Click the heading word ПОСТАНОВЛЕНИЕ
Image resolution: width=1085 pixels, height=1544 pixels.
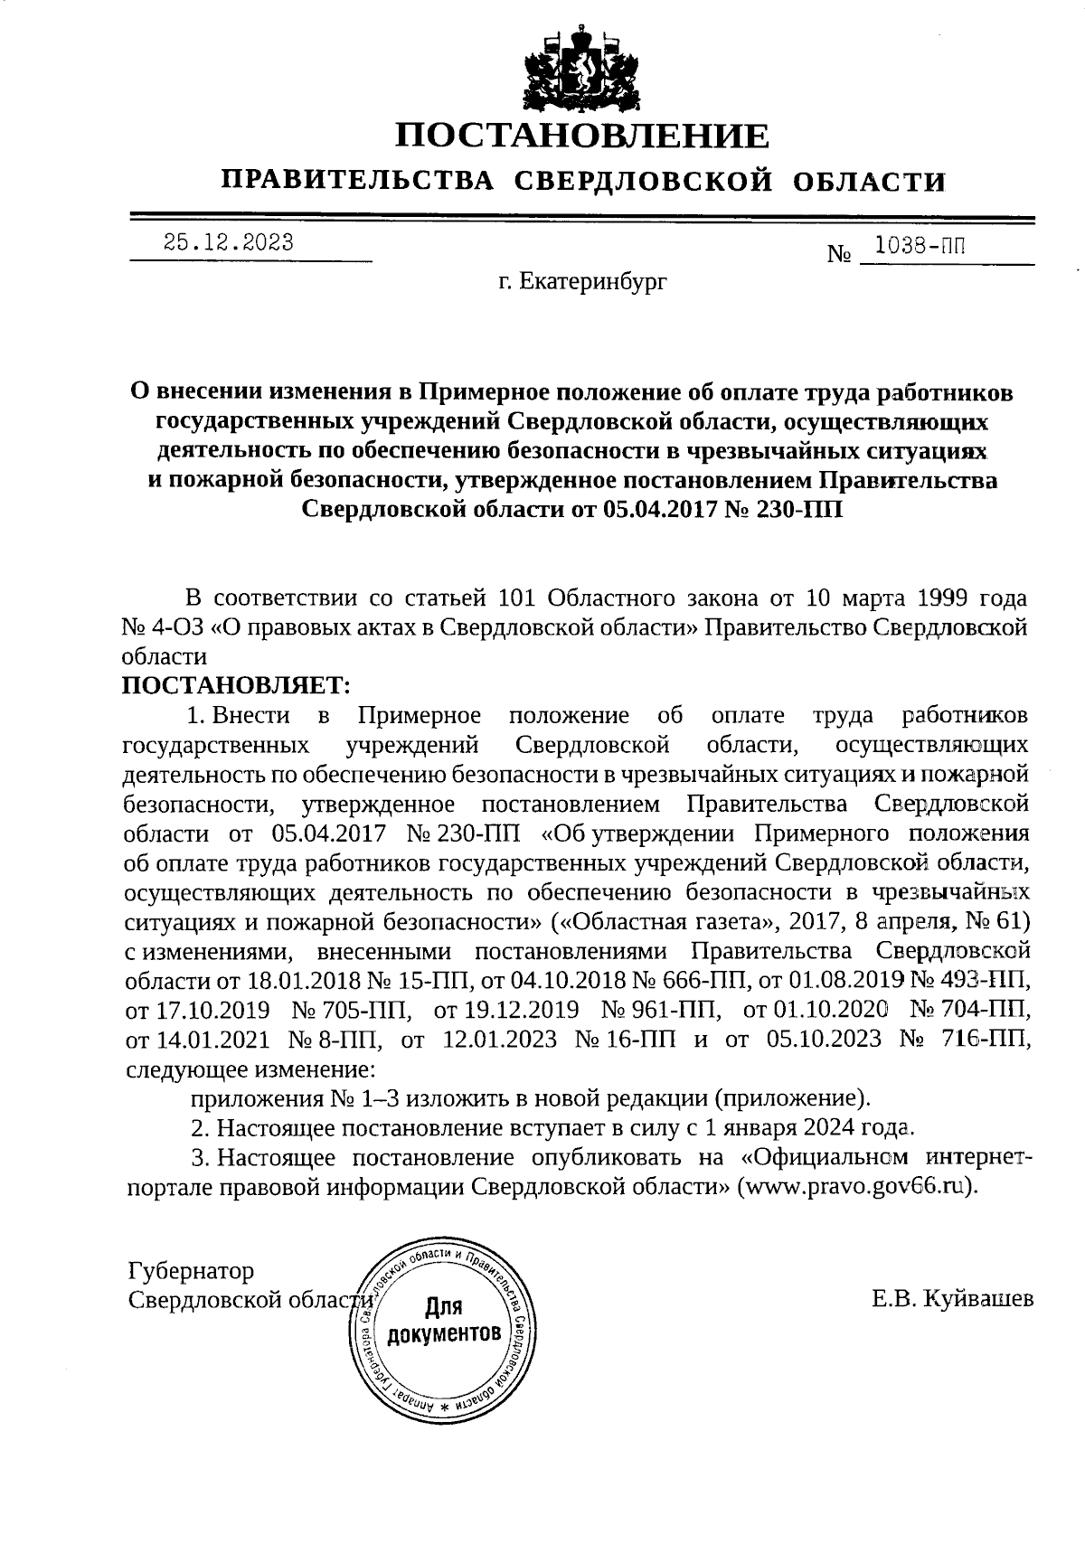[583, 137]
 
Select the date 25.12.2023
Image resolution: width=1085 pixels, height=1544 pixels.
[228, 242]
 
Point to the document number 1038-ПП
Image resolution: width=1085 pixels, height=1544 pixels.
[915, 245]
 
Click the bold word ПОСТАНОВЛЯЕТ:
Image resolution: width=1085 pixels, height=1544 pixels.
[237, 686]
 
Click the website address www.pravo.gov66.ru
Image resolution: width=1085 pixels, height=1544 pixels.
[856, 1187]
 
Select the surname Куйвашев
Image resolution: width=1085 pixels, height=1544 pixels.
[978, 1300]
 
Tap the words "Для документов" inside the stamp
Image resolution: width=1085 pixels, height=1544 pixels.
[443, 1322]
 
